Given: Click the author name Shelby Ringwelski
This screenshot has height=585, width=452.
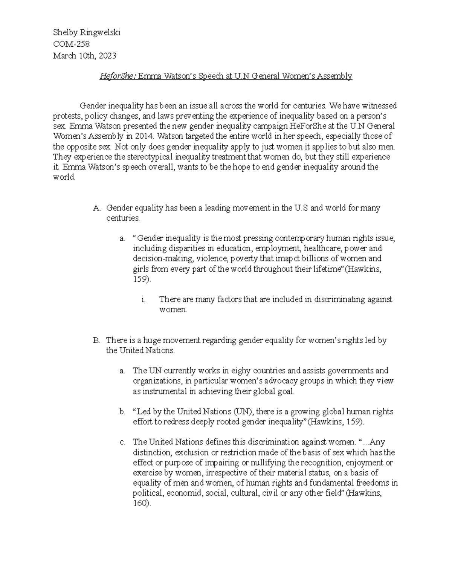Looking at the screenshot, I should pos(86,33).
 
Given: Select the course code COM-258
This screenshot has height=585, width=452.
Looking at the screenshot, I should pos(71,44).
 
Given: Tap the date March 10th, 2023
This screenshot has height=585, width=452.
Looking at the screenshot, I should pos(84,56).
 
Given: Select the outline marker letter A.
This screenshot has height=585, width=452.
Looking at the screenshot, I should pos(96,208).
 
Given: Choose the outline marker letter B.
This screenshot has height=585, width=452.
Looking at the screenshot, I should pos(96,341).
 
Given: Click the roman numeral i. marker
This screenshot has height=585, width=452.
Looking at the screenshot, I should pos(143,300).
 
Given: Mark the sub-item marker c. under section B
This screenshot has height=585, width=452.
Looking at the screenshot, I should pos(122,442).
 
